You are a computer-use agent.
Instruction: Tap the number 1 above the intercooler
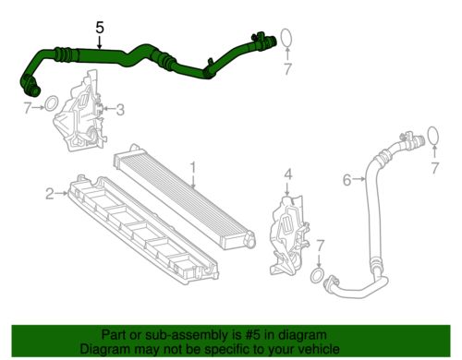pos(194,168)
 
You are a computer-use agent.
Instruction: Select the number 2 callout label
pos(48,193)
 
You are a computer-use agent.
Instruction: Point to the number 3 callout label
pos(120,110)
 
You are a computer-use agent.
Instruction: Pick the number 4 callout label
pos(287,173)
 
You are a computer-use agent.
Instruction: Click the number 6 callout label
pos(346,180)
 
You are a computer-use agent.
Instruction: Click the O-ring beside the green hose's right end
pos(287,38)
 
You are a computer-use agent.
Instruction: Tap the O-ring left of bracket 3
pos(53,102)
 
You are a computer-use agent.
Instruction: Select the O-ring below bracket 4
pos(316,277)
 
